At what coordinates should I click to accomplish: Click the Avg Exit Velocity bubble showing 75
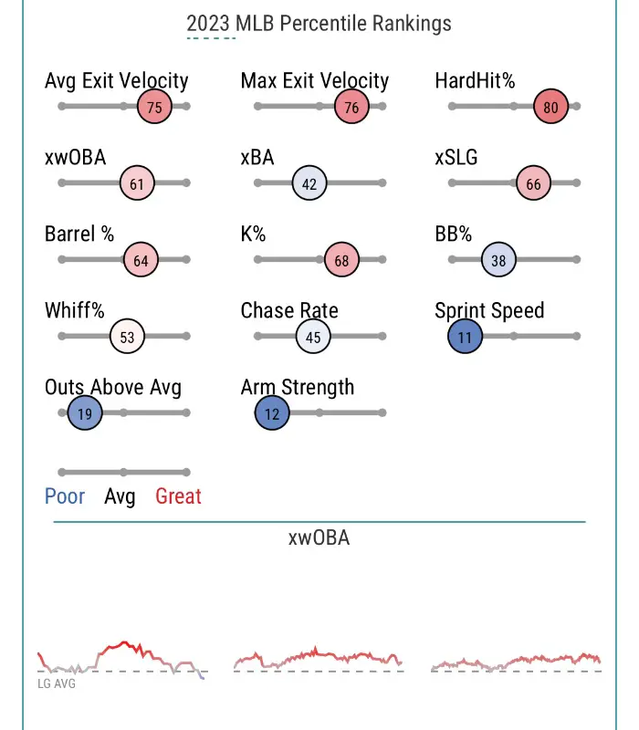click(154, 107)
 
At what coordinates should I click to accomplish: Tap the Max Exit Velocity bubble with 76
click(351, 107)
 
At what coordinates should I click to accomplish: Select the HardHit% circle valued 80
click(550, 107)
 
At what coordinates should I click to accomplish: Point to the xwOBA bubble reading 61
click(137, 183)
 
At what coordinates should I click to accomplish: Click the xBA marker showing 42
click(309, 183)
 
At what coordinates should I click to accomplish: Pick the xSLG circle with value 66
click(533, 183)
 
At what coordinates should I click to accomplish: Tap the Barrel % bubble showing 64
click(141, 260)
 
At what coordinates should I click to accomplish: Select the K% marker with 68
click(341, 260)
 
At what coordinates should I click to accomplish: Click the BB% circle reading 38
click(498, 260)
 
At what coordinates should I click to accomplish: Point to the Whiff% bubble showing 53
click(127, 337)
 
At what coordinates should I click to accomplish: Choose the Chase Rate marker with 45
click(313, 337)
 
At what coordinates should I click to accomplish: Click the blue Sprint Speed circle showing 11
click(465, 337)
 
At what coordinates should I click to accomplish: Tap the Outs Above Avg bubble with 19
click(84, 413)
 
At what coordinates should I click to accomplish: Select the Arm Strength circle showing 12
click(272, 413)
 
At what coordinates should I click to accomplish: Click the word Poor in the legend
click(65, 496)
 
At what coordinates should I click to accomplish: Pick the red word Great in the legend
click(178, 496)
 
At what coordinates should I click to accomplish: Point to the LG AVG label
click(57, 683)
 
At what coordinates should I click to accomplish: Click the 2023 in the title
click(209, 24)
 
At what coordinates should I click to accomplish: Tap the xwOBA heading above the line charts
click(319, 537)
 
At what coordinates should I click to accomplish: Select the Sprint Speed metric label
click(489, 310)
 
